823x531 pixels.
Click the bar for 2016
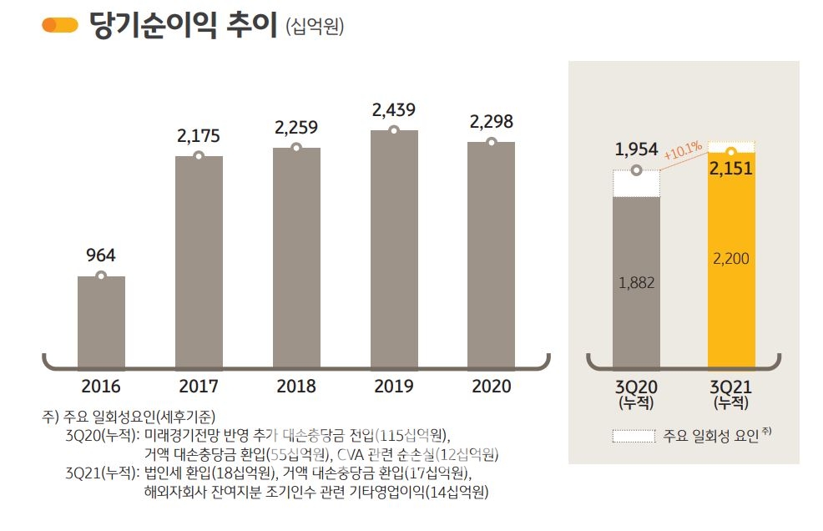[101, 321]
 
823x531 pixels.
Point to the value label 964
[101, 255]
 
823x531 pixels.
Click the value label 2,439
[394, 109]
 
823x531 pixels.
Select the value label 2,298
[491, 122]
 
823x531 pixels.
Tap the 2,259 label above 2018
[296, 128]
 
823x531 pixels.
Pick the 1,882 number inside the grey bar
[637, 283]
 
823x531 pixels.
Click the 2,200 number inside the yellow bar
[731, 259]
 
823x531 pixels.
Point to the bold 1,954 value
[637, 149]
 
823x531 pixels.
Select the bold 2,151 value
[731, 169]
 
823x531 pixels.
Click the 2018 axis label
[296, 387]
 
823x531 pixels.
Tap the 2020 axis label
[491, 387]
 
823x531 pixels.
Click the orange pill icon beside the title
[60, 25]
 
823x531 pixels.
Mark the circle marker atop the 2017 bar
[199, 156]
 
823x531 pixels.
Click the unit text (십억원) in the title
[315, 27]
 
